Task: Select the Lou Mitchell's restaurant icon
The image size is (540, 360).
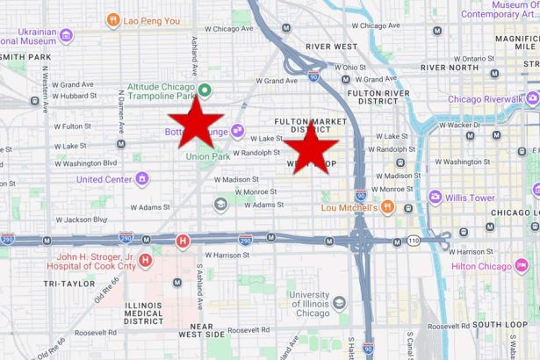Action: [x=386, y=208]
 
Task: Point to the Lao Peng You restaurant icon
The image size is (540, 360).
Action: [x=112, y=18]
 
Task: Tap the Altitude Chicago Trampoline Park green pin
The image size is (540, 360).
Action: [x=205, y=90]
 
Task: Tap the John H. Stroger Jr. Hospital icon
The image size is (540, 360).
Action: [x=146, y=260]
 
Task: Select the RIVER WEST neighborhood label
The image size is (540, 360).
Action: [x=330, y=47]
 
